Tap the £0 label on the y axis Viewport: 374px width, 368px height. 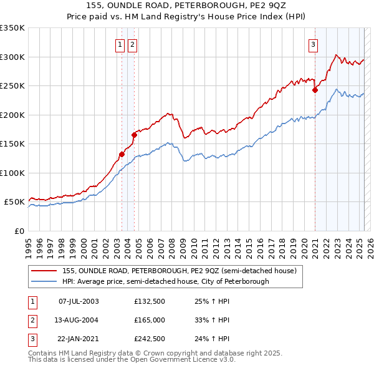point(18,231)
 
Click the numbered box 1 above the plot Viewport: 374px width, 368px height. point(119,44)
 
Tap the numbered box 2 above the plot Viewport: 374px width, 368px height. point(133,44)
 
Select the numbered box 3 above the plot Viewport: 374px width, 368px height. point(312,44)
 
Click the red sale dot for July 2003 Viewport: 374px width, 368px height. point(122,154)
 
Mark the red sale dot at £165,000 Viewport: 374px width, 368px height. point(134,135)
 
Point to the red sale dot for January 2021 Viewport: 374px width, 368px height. point(315,90)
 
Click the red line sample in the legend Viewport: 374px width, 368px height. point(44,271)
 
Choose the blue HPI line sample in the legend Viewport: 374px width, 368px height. point(44,281)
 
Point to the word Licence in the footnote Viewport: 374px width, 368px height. point(188,359)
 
